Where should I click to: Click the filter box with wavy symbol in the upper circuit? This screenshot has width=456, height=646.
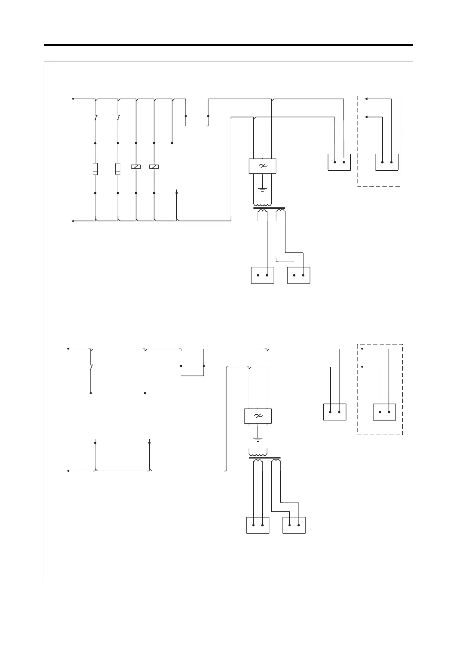point(262,166)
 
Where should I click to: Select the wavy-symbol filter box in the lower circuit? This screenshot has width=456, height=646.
point(258,416)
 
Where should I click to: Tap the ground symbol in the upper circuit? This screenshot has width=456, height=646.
point(262,189)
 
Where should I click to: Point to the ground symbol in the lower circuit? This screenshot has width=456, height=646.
point(258,439)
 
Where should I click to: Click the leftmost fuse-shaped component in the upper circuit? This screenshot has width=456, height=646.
point(95,169)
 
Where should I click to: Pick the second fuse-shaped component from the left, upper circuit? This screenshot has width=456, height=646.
point(118,169)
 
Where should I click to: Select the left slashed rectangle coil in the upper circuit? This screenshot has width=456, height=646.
point(136,166)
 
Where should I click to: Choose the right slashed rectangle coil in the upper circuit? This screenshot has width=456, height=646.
point(154,166)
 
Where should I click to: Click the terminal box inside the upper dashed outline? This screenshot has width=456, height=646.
point(387,162)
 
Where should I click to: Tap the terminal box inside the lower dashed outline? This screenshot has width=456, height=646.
point(384,412)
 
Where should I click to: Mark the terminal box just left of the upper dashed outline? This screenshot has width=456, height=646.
point(339,162)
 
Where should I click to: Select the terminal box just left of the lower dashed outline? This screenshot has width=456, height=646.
point(335,412)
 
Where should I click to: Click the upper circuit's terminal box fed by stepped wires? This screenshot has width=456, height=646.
point(299,275)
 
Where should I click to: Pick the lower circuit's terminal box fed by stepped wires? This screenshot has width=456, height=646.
point(294,525)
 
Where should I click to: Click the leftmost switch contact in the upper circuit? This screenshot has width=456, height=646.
point(95,118)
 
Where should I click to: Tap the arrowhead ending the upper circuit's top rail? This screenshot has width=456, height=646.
point(73,99)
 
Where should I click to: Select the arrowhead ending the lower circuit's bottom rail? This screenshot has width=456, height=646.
point(68,471)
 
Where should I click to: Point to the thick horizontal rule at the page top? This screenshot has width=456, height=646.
point(228,45)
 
